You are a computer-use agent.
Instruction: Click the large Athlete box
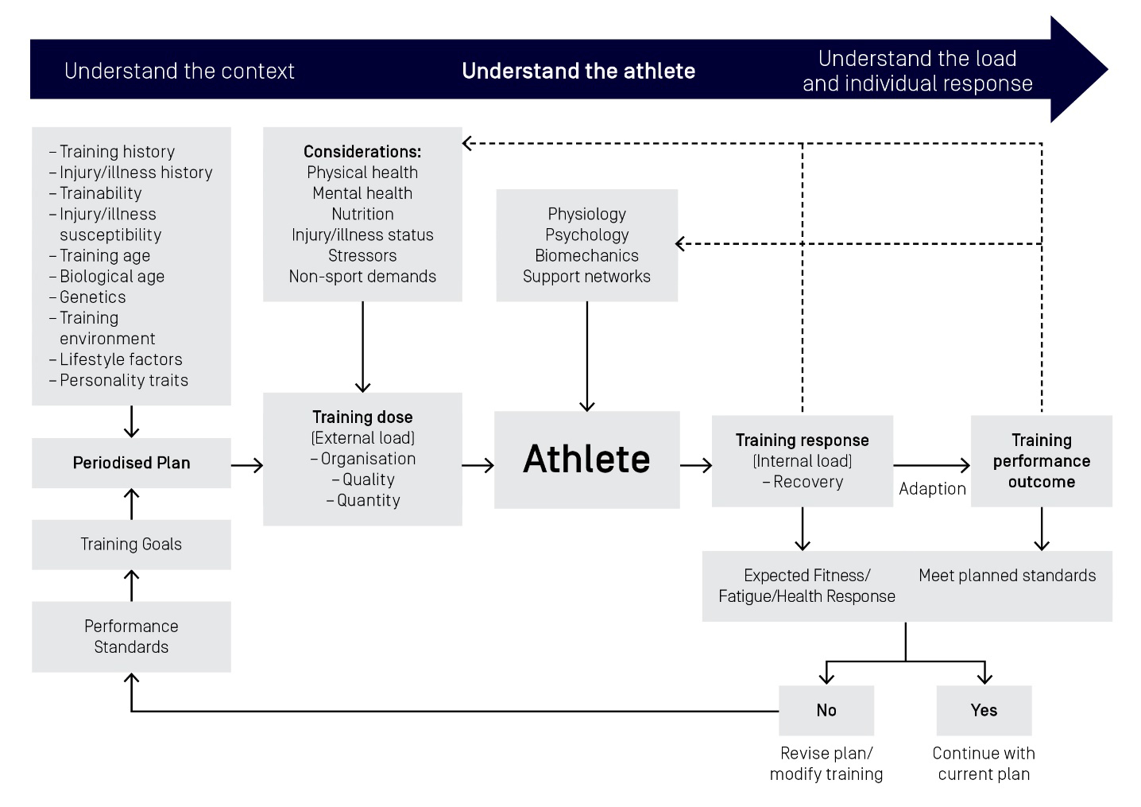pos(586,460)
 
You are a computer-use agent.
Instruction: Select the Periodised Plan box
pos(131,463)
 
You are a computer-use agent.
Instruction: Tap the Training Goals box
pos(131,545)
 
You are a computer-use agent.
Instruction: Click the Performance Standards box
pos(131,636)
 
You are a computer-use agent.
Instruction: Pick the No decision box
pos(826,710)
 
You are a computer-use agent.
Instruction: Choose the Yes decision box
pos(984,710)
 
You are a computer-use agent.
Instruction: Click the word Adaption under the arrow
pos(932,489)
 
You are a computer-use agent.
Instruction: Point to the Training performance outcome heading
pos(1041,461)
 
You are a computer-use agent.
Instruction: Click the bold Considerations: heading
pos(362,152)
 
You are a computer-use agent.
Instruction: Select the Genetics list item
pos(92,297)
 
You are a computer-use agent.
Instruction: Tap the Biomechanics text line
pos(586,256)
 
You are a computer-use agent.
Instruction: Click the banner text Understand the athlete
pos(578,72)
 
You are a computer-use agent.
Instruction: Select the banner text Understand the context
pos(180,72)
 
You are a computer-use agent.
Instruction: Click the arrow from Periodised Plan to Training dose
pos(247,465)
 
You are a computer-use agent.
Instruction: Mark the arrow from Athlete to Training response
pos(696,465)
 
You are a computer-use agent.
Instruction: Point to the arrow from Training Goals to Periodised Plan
pos(132,504)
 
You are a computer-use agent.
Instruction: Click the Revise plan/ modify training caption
pos(826,763)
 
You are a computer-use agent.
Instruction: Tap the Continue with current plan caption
pos(984,763)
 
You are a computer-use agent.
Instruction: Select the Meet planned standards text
pos(1007,576)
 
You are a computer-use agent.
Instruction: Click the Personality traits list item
pos(124,381)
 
